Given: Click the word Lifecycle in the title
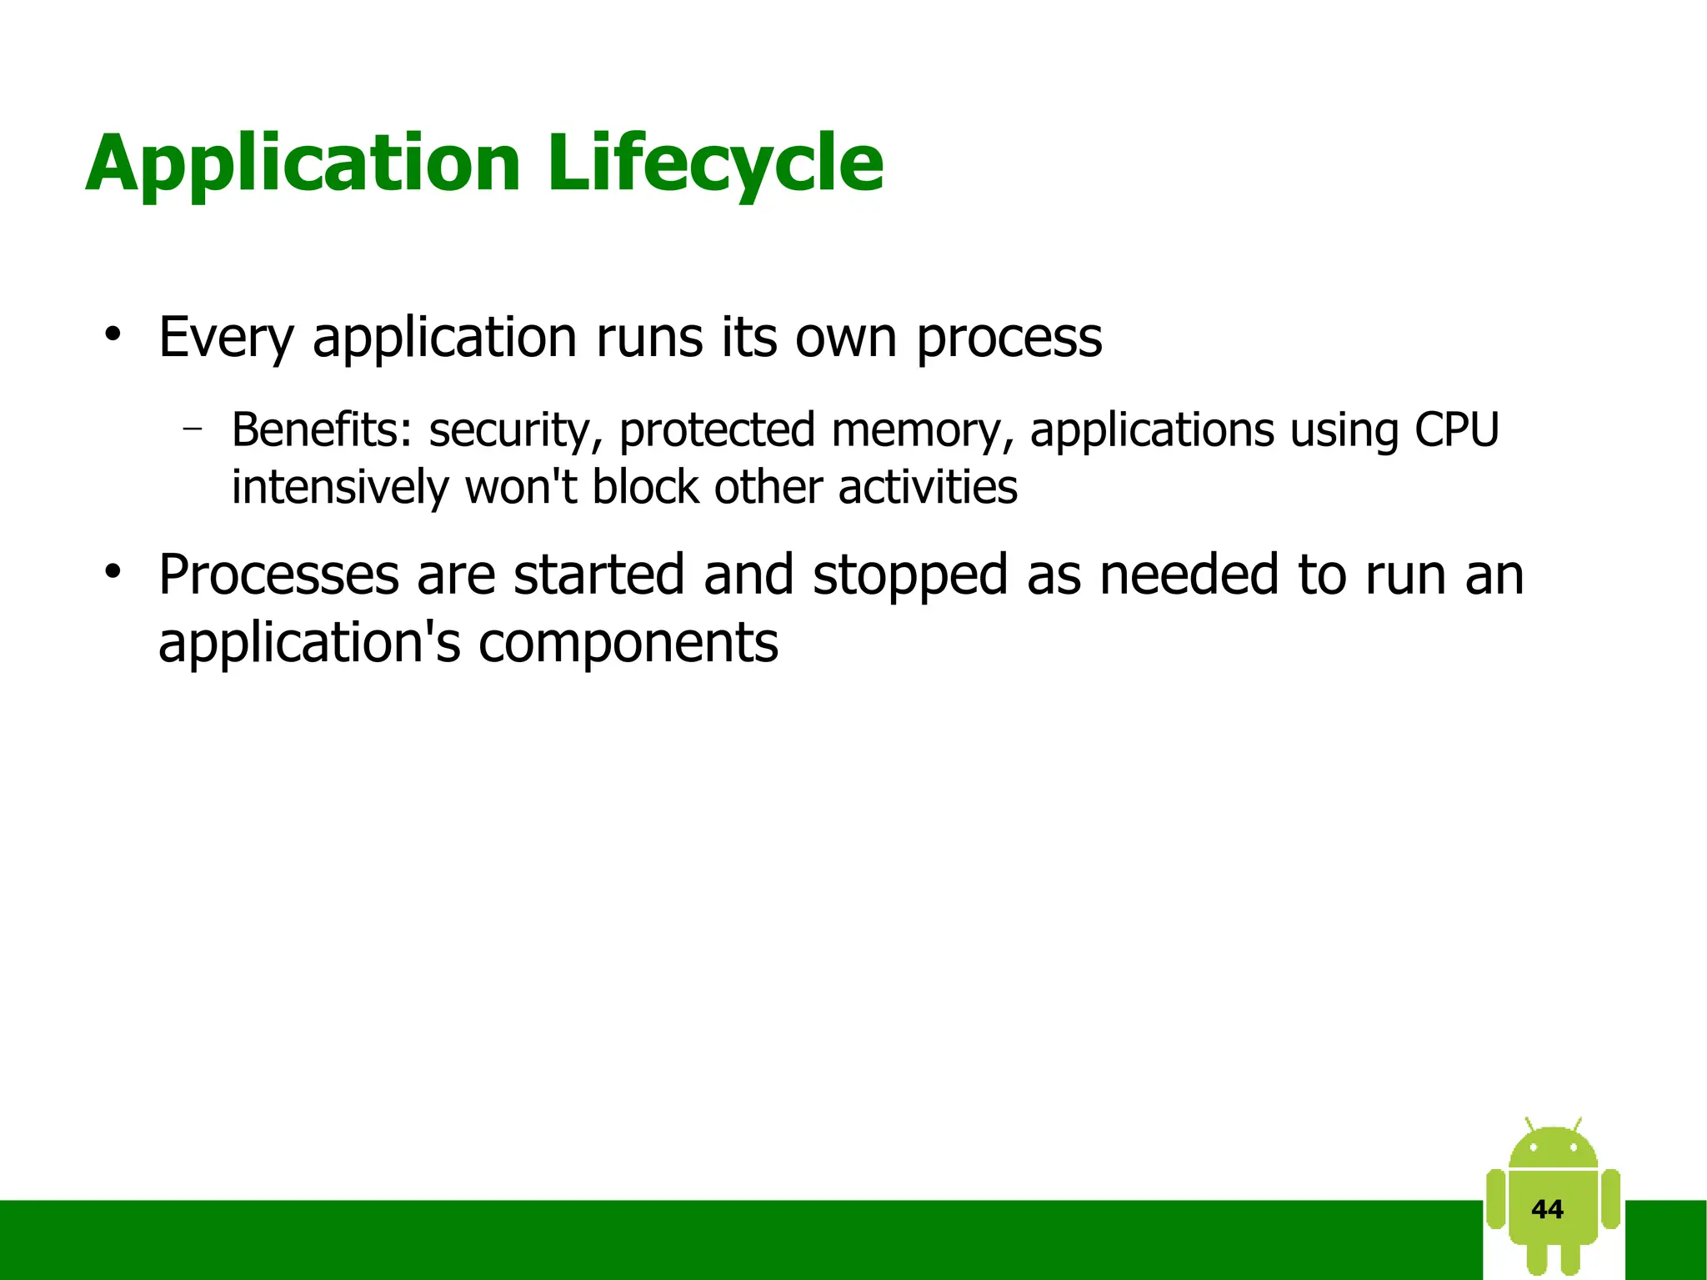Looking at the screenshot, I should click(715, 164).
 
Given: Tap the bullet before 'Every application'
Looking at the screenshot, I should click(113, 335).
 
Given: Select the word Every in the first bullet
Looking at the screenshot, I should click(226, 339).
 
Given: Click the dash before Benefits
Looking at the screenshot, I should click(193, 429).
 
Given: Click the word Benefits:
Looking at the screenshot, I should click(321, 430).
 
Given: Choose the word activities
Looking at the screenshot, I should click(928, 487).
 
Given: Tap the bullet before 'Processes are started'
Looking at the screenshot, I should click(113, 574).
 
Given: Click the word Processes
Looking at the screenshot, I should click(278, 575).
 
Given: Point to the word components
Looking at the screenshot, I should click(628, 645).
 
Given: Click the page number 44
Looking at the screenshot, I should click(1547, 1209).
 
